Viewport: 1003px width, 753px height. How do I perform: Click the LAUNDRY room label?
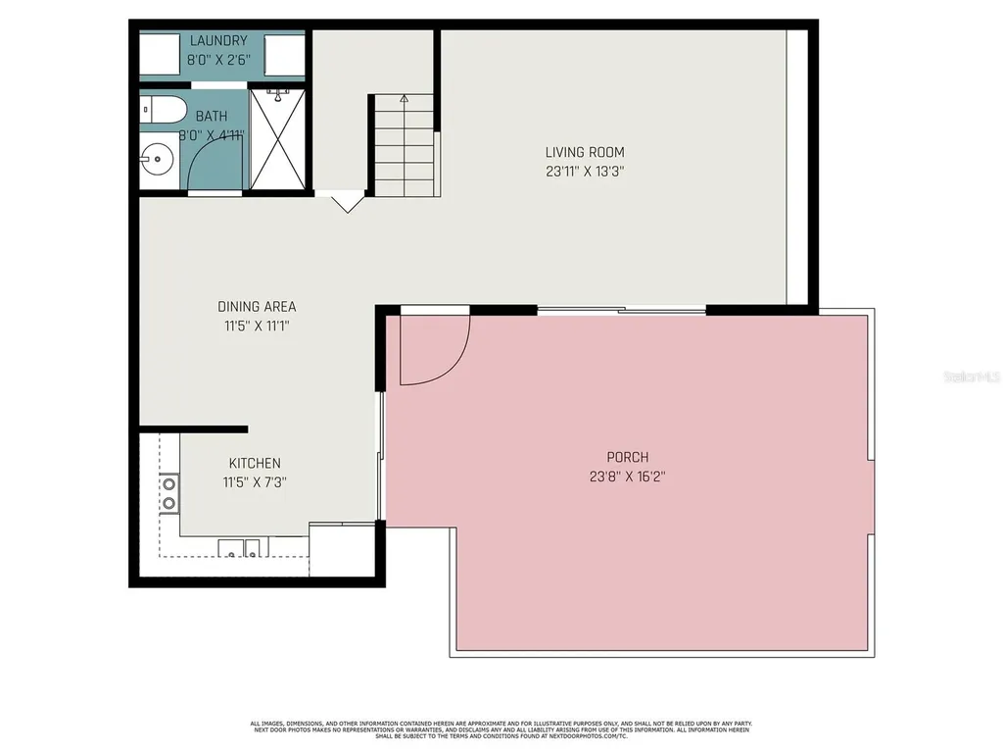217,41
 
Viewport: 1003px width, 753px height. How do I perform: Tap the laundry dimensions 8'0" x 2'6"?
217,60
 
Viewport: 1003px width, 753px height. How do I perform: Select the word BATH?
211,117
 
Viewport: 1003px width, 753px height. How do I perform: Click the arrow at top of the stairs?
404,99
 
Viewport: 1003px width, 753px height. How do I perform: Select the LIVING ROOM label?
585,152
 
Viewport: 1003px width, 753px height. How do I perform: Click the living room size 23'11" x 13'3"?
585,171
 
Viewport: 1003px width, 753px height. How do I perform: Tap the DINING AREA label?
257,307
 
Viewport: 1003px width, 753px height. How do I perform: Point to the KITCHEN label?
255,463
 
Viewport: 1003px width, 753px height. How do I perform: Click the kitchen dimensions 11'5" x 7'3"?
255,481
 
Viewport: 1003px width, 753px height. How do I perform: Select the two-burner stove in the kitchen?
168,493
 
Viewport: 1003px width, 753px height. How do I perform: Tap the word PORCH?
628,457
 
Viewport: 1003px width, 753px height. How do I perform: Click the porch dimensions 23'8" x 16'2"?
628,476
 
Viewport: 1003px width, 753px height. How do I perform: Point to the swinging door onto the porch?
432,348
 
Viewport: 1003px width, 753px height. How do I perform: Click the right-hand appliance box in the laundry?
283,58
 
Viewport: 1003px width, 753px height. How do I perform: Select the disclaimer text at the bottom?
501,730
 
